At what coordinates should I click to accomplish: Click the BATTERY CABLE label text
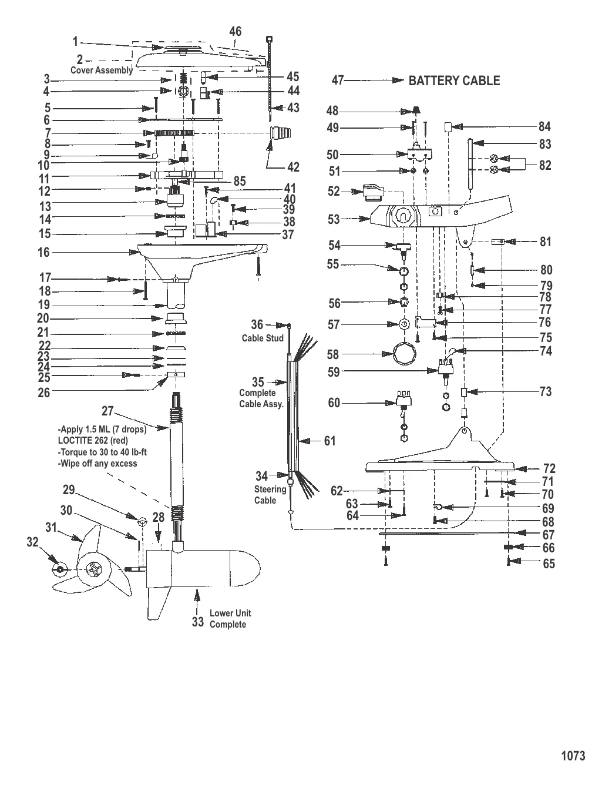coord(454,81)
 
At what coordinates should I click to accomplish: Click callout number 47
coord(337,81)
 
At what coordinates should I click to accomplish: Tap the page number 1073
coord(573,756)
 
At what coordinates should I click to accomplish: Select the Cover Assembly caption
coord(102,70)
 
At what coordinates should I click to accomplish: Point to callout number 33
coord(197,622)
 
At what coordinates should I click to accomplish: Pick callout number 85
coord(240,182)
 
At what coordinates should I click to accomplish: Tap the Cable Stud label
coord(263,338)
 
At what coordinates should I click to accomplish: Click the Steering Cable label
coord(270,495)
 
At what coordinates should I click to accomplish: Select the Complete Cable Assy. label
coord(261,398)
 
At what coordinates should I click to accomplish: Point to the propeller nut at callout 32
coord(60,569)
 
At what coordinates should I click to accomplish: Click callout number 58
coord(333,354)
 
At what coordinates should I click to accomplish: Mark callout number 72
coord(549,468)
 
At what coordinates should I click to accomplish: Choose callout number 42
coord(293,167)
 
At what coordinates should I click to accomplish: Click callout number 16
coord(44,253)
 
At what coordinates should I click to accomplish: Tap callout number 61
coord(329,441)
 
